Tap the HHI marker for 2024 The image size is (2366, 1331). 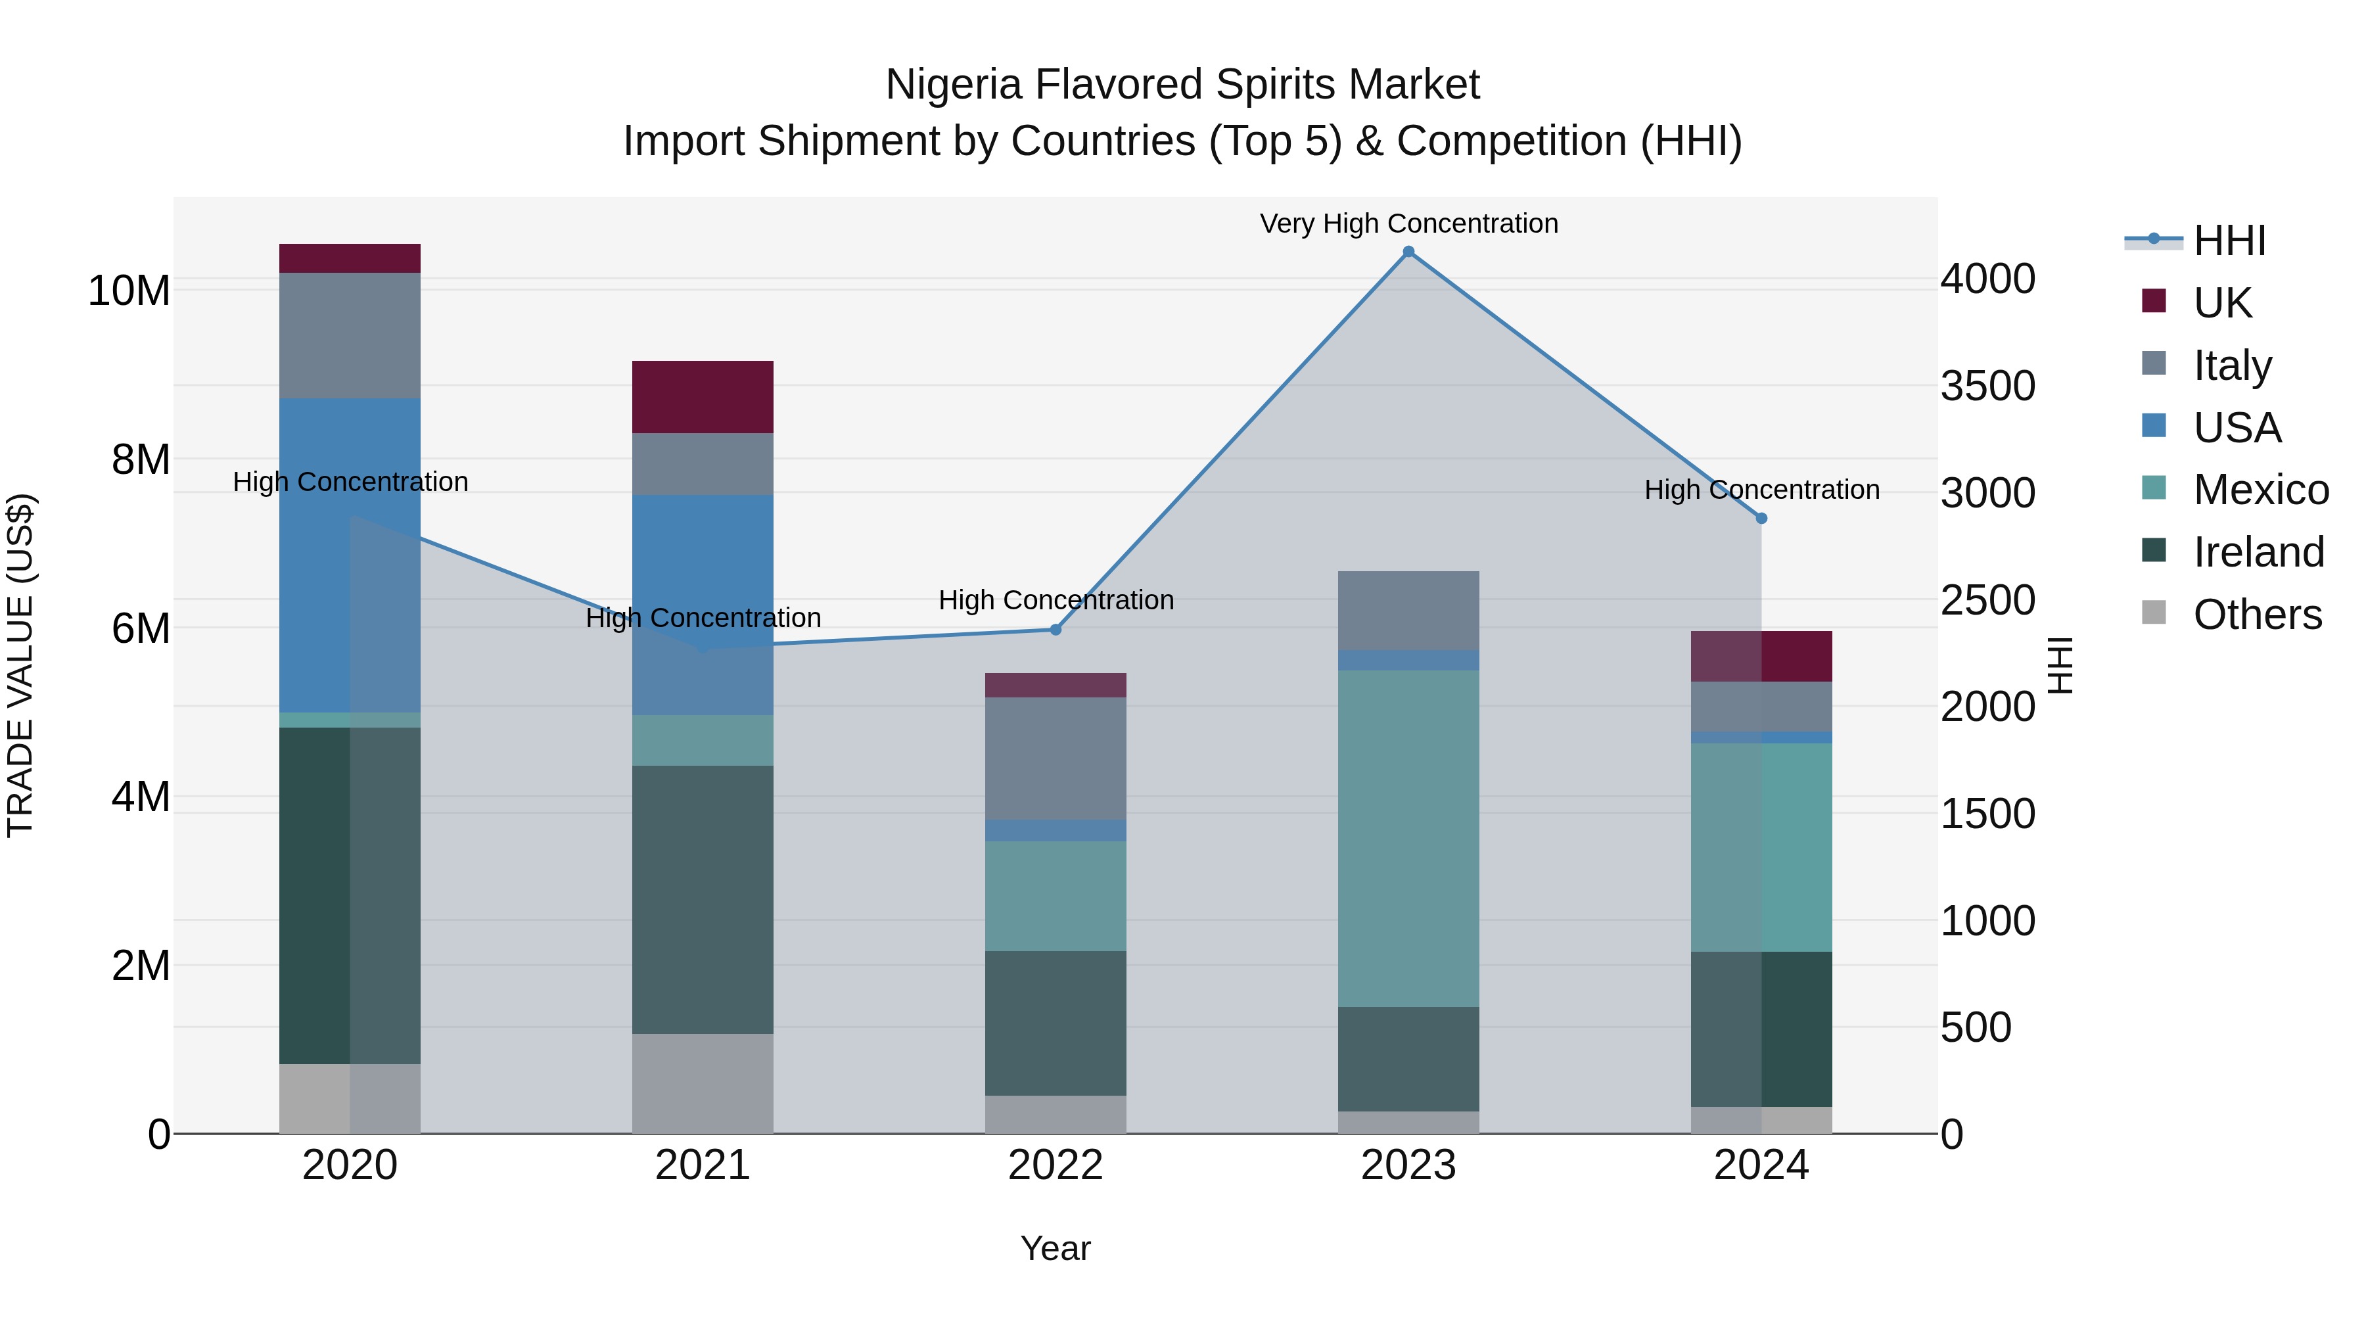(1761, 518)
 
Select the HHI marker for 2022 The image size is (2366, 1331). (1055, 629)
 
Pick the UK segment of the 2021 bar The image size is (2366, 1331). (703, 397)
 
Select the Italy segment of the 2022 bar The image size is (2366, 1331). (1055, 758)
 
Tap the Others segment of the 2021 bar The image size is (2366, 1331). (703, 1083)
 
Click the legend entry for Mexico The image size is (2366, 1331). (2260, 490)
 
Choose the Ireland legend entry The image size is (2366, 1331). (2258, 552)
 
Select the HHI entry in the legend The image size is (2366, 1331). (2229, 241)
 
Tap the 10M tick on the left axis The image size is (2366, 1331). (129, 291)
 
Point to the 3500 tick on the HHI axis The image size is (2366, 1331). (1987, 386)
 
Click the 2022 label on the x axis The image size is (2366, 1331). (1055, 1165)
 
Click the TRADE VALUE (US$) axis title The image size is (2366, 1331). (20, 665)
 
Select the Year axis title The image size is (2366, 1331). (1055, 1248)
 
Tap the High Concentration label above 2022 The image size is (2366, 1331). (1055, 600)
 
